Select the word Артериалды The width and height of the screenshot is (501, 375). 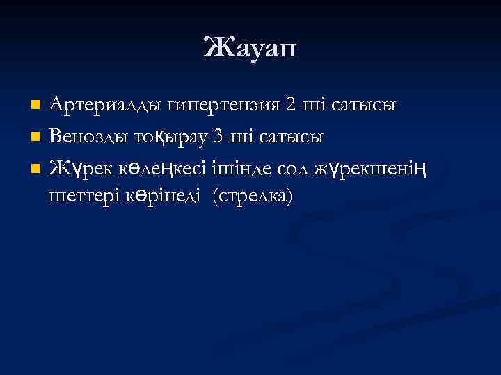coord(107,106)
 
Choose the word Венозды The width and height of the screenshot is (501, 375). coord(92,136)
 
